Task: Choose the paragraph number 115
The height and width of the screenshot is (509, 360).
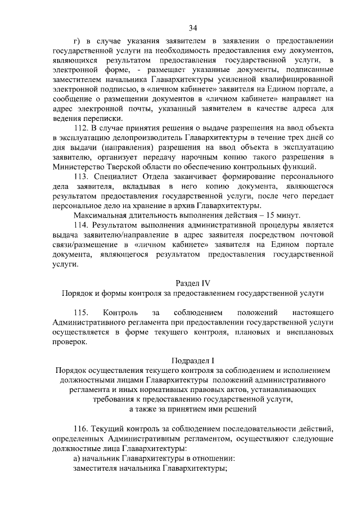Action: point(82,312)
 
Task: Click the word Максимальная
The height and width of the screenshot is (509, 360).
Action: point(101,216)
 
